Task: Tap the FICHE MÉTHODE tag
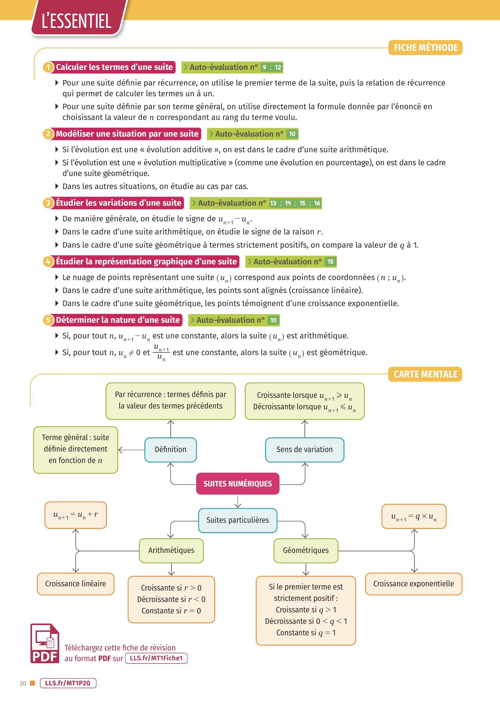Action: [425, 47]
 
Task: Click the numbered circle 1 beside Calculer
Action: [48, 67]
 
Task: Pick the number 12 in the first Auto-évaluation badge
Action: [278, 67]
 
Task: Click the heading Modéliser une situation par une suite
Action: [127, 134]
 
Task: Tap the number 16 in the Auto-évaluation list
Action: [317, 203]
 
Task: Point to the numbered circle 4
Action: [48, 261]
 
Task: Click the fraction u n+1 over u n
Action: [161, 352]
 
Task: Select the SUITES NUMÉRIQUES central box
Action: [238, 484]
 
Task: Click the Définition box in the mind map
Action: [171, 450]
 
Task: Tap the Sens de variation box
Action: [304, 450]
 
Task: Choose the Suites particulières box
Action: [238, 520]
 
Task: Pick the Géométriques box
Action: [306, 550]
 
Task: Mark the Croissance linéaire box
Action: [76, 584]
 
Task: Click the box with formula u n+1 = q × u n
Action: [414, 516]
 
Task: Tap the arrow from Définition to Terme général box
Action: [132, 450]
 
